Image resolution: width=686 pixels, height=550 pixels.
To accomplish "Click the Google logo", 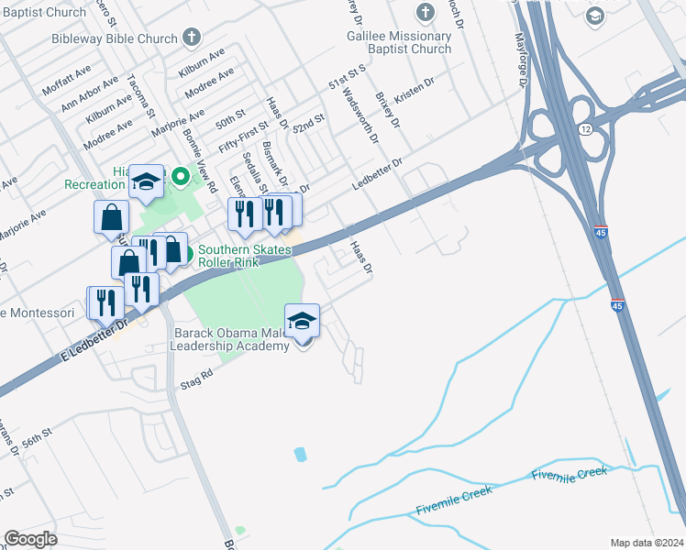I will [x=30, y=539].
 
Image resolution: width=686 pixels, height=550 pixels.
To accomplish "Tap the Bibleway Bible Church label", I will [x=127, y=38].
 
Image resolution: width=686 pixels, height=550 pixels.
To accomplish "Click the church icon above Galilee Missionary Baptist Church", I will [x=425, y=13].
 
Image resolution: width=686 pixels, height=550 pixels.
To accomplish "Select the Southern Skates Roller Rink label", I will [x=242, y=256].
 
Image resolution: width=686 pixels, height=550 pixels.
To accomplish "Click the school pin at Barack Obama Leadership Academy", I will [x=303, y=324].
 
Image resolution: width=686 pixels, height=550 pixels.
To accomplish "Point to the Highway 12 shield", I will [x=583, y=131].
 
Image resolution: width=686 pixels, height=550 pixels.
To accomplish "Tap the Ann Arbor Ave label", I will [x=90, y=94].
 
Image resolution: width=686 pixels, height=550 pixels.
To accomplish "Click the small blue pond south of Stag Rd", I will [x=300, y=454].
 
